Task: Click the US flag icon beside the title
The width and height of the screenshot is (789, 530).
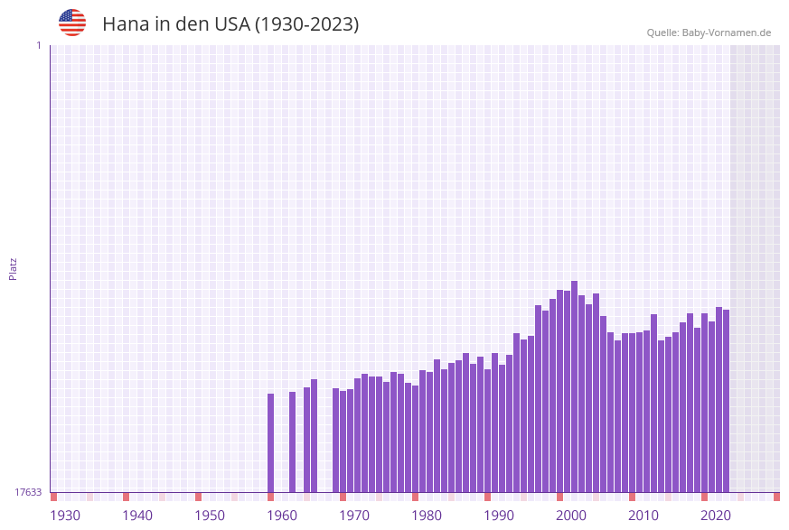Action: point(72,23)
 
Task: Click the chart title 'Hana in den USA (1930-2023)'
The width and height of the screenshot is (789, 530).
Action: point(230,24)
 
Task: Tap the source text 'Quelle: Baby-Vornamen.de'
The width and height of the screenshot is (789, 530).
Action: point(709,33)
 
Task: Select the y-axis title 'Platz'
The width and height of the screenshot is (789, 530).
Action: point(14,268)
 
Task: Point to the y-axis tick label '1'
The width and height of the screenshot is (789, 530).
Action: point(38,45)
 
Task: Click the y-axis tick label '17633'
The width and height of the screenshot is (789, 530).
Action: point(28,492)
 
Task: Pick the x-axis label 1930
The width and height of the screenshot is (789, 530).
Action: point(65,516)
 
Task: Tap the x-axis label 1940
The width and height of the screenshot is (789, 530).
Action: point(137,516)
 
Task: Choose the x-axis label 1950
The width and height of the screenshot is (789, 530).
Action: point(210,516)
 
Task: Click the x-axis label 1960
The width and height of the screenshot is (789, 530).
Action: point(282,516)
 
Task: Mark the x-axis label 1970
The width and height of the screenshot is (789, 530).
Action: point(354,516)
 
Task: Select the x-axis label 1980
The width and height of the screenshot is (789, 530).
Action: point(427,516)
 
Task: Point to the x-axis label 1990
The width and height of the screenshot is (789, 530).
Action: point(499,516)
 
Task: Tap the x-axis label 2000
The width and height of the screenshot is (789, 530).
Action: point(571,516)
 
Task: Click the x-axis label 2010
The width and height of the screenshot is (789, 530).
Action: point(643,516)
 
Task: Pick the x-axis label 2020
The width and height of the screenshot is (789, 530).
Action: point(716,516)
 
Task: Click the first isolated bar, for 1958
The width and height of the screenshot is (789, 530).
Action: point(270,442)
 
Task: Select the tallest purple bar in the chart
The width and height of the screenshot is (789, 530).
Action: point(574,386)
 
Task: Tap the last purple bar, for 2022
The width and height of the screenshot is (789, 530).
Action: point(726,401)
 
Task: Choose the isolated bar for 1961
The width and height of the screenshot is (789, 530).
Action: point(292,442)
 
